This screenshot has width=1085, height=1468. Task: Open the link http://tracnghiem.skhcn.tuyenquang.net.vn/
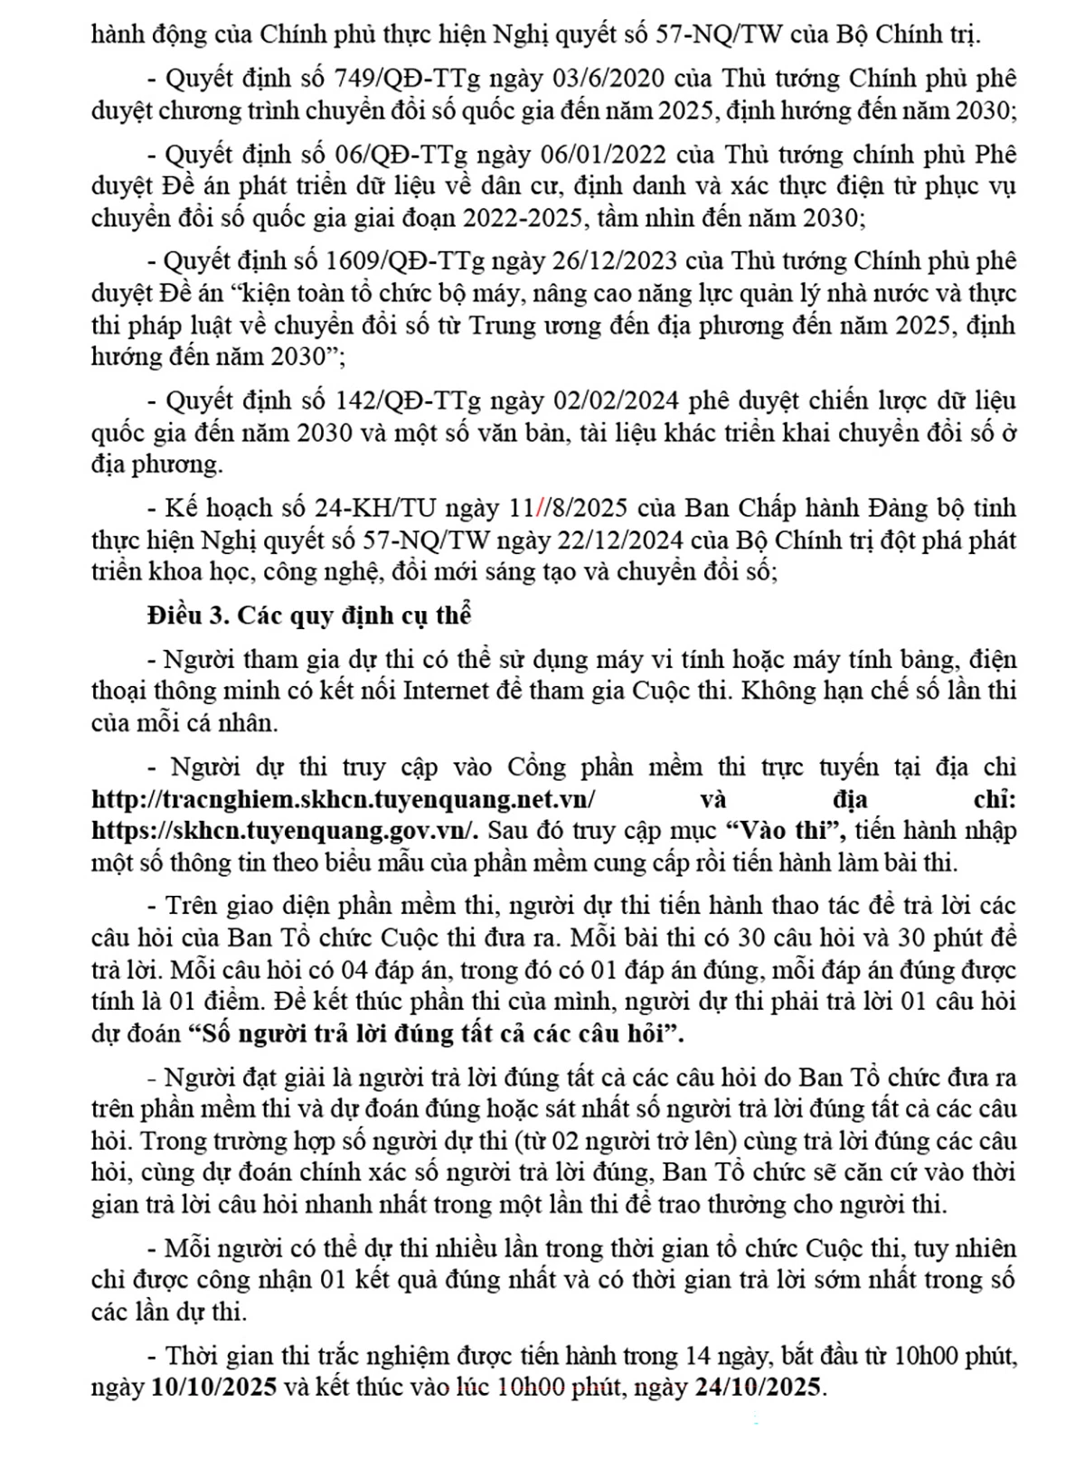(344, 799)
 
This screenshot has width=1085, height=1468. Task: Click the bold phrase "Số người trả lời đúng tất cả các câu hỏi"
(435, 1033)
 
